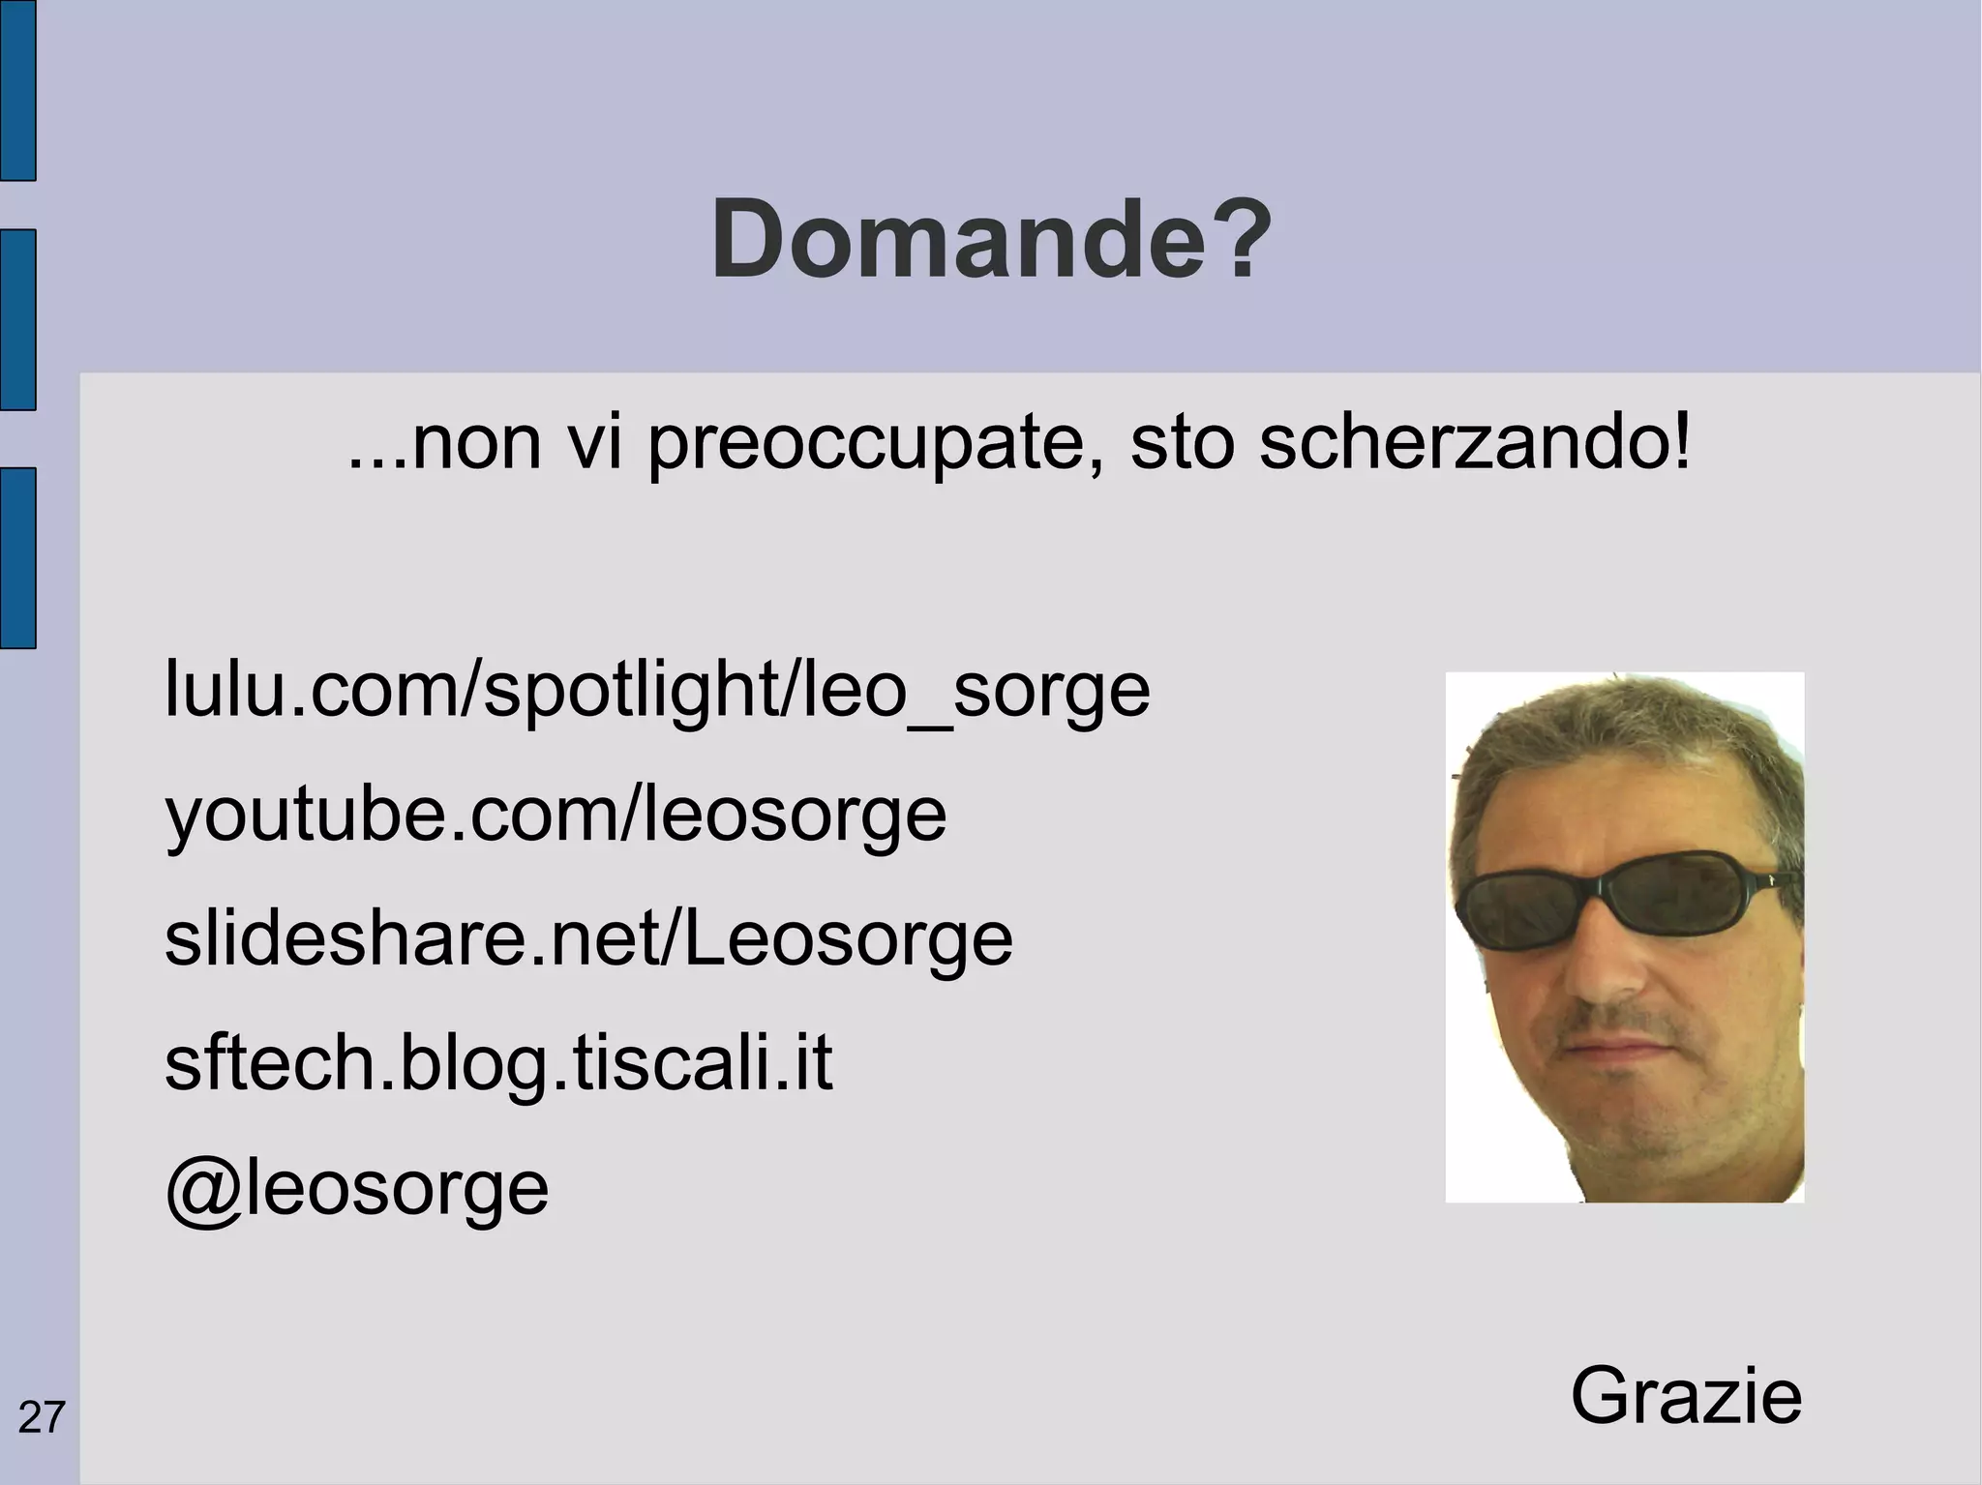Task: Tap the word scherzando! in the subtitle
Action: [x=1475, y=445]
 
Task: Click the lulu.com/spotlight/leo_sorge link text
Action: [x=657, y=690]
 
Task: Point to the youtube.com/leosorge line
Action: [x=556, y=815]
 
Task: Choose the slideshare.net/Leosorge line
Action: [x=588, y=939]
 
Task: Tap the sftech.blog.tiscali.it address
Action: [x=498, y=1064]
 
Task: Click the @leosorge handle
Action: [x=357, y=1189]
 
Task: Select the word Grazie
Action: [x=1686, y=1396]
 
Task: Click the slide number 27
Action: [x=42, y=1418]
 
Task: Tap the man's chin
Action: [x=1636, y=1132]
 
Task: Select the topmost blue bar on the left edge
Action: [x=17, y=89]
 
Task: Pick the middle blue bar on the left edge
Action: [x=17, y=319]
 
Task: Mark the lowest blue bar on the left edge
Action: [x=17, y=557]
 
